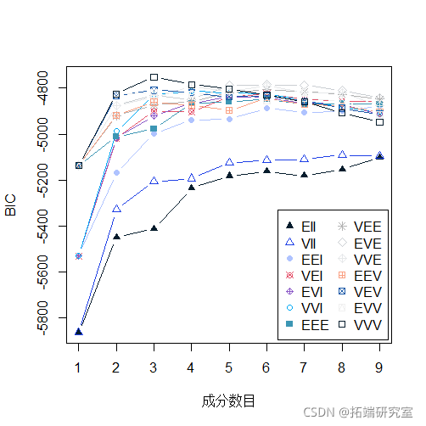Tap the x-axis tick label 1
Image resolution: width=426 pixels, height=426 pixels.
(x=78, y=367)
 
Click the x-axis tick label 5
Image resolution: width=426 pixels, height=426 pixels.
(x=229, y=367)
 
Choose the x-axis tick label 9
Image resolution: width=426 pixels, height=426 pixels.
(x=379, y=367)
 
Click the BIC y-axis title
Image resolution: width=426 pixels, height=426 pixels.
(x=12, y=205)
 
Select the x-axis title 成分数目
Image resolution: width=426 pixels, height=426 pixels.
(x=228, y=400)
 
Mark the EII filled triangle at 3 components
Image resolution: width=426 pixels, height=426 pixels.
(x=154, y=228)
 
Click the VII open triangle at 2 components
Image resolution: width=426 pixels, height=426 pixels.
(x=116, y=209)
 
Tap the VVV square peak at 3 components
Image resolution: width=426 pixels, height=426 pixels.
(x=154, y=77)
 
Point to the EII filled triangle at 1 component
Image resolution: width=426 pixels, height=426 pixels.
(x=78, y=332)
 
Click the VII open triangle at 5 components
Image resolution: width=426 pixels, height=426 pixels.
(x=229, y=162)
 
